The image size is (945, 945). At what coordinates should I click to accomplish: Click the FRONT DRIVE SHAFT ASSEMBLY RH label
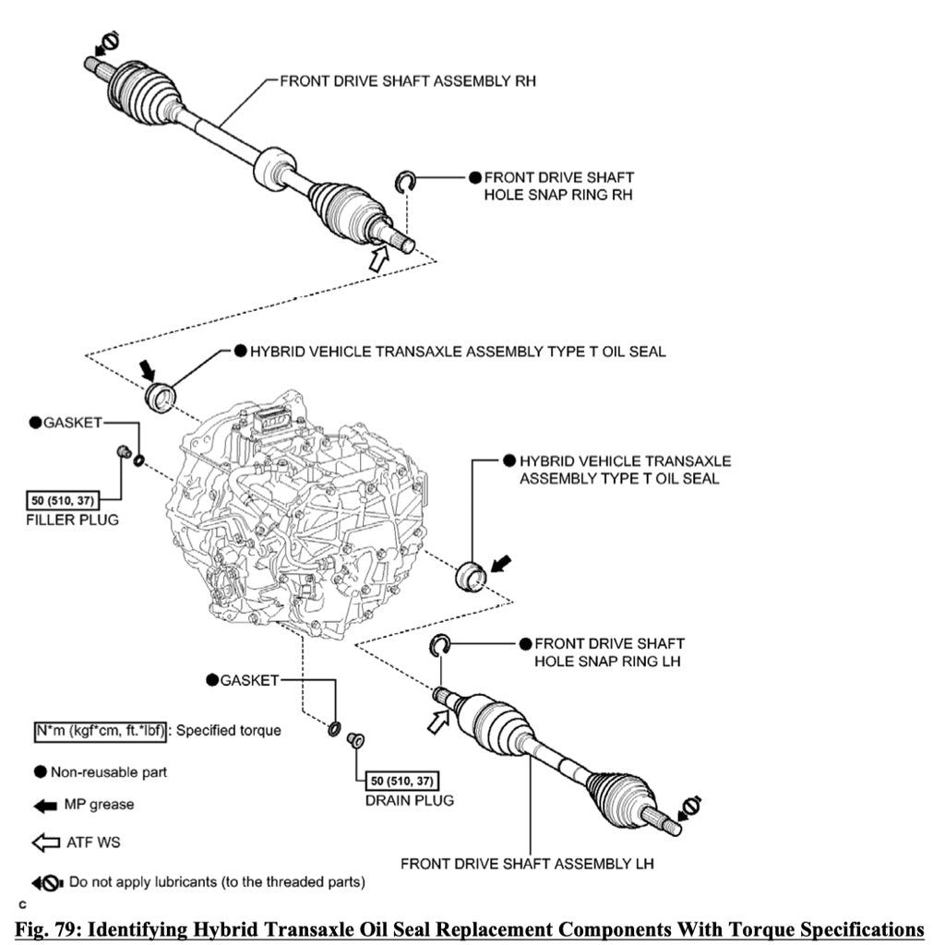tap(408, 81)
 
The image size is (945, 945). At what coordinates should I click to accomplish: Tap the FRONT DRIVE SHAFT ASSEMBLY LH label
tap(527, 865)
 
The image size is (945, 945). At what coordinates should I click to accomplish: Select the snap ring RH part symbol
tap(402, 182)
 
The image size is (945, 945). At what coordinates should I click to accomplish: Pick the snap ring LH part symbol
tap(438, 647)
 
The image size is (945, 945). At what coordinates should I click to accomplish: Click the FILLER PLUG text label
tap(73, 520)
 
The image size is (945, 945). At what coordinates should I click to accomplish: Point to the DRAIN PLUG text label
tap(410, 800)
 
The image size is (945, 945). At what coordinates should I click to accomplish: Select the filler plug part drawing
tap(120, 451)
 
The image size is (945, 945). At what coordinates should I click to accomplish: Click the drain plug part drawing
tap(352, 739)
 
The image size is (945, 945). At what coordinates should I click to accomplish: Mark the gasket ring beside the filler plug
tap(138, 461)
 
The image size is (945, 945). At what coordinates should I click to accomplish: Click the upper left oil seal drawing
tap(162, 396)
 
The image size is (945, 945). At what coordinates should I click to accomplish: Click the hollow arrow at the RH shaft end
tap(378, 259)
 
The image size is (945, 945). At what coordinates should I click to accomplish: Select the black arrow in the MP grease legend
tap(45, 805)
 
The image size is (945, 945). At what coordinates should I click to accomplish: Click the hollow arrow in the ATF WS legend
tap(45, 843)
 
